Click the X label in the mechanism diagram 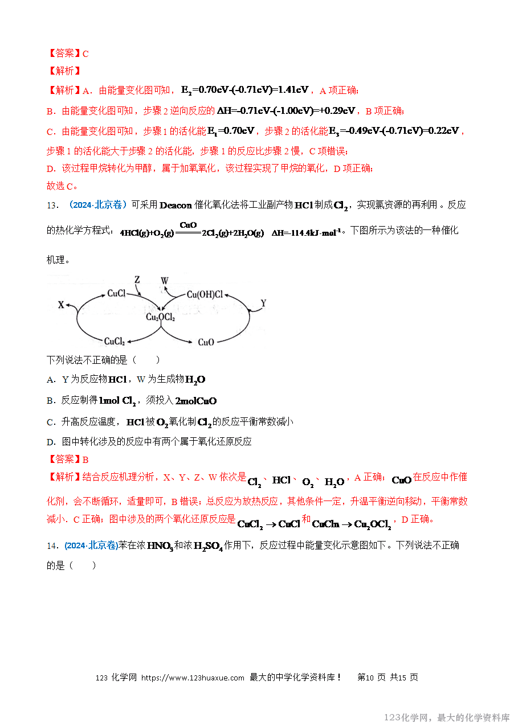pyautogui.click(x=61, y=305)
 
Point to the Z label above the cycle pyautogui.click(x=137, y=280)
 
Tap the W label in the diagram pyautogui.click(x=165, y=281)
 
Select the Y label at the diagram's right pyautogui.click(x=263, y=302)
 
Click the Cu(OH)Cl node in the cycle pyautogui.click(x=205, y=294)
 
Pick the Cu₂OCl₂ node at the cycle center pyautogui.click(x=161, y=317)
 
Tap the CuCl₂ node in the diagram pyautogui.click(x=115, y=342)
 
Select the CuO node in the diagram pyautogui.click(x=206, y=342)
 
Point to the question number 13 pyautogui.click(x=52, y=206)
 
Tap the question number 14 pyautogui.click(x=52, y=546)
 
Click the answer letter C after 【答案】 pyautogui.click(x=85, y=54)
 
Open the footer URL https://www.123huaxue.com pyautogui.click(x=193, y=678)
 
